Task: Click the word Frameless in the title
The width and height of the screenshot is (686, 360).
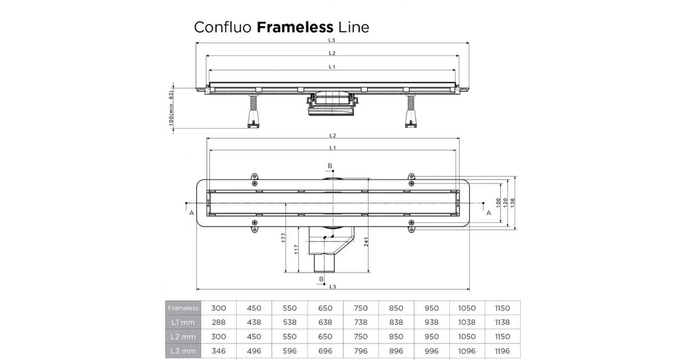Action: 295,27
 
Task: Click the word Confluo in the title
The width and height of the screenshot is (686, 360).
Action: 223,27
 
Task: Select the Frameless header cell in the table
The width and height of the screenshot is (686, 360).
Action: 183,308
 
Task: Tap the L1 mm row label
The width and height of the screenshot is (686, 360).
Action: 183,322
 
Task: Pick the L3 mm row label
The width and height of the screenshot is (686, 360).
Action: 183,351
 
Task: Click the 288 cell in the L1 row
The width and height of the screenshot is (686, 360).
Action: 218,322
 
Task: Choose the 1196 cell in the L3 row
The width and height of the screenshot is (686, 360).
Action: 502,351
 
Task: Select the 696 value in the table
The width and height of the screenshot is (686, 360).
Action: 325,351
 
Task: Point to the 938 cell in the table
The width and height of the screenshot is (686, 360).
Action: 432,322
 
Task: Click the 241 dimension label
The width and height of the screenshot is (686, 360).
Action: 365,242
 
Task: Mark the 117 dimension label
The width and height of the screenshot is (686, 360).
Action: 296,250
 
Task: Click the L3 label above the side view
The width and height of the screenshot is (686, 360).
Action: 332,41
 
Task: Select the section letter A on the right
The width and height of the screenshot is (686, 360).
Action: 489,212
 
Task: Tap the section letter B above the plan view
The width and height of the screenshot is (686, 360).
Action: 329,166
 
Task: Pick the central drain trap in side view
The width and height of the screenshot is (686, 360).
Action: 331,103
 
